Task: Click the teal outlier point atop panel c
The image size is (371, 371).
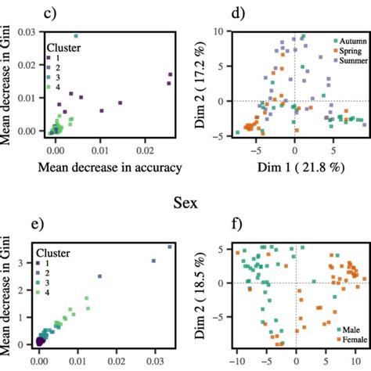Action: click(x=76, y=36)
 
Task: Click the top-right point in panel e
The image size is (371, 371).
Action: click(x=169, y=247)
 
